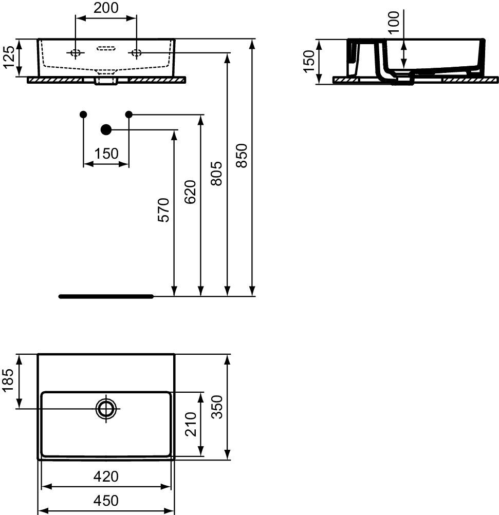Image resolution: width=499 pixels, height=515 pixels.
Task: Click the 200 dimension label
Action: pos(106,8)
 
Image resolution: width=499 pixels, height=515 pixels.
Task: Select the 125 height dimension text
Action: pos(9,57)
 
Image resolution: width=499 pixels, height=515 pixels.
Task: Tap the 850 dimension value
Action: pos(242,156)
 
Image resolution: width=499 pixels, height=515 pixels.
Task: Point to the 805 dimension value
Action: pos(217,174)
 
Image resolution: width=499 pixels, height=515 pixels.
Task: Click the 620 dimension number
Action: pos(190,192)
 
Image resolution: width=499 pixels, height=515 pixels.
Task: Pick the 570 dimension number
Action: pos(164,210)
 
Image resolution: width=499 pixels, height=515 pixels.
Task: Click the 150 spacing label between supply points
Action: pos(106,154)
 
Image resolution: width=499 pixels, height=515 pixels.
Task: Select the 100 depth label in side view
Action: pos(394,22)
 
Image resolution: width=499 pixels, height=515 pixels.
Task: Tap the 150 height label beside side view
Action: pos(309,62)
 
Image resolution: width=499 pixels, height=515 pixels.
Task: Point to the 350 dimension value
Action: pos(217,407)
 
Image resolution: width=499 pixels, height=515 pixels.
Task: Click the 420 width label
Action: pos(106,476)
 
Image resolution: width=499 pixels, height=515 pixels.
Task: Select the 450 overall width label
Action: pos(106,501)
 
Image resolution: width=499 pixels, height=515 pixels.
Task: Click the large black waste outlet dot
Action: pos(106,130)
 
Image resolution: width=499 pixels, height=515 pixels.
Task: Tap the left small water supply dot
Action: pos(83,115)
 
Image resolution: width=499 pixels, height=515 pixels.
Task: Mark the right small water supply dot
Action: pos(129,115)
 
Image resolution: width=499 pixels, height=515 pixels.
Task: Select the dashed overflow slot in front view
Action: pos(106,49)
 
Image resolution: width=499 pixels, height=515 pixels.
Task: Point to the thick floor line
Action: pos(106,297)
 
